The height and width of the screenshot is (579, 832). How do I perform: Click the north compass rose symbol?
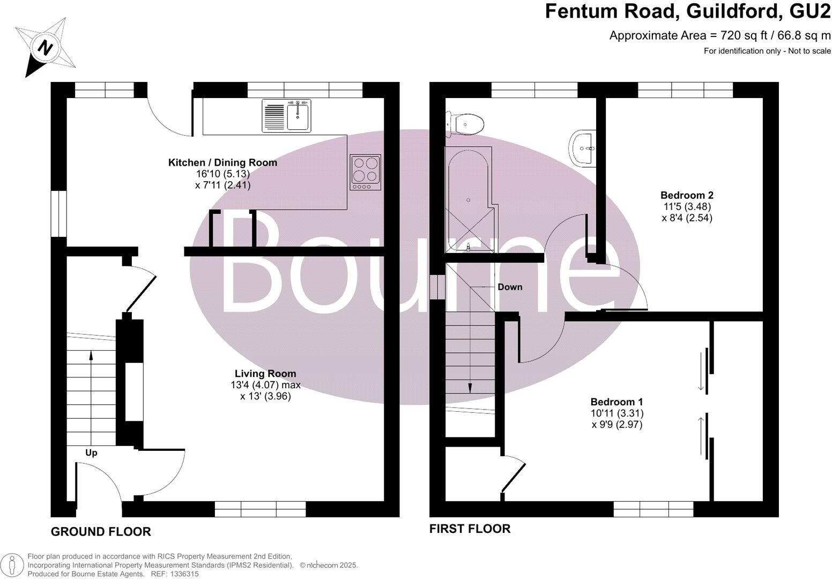pos(46,47)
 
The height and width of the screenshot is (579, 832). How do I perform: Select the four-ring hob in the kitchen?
pos(365,172)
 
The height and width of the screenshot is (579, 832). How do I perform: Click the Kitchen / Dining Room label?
pos(222,162)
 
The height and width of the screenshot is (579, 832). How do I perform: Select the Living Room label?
pos(265,374)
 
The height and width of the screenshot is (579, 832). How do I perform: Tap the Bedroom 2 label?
pos(687,195)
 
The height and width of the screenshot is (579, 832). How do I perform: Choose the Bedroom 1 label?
pos(616,402)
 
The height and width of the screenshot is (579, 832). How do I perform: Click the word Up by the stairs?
pos(91,453)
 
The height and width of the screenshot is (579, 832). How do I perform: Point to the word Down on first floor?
pos(509,287)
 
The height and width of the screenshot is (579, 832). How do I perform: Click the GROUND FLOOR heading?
pos(101,531)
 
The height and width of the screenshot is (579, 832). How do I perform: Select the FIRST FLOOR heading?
pos(470,529)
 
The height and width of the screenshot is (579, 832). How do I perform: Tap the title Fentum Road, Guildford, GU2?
pos(688,11)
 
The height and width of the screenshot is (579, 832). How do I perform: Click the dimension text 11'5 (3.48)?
pos(687,206)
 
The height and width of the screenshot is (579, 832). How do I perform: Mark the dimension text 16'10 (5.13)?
pos(222,174)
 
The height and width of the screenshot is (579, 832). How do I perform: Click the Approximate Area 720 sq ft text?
pos(719,36)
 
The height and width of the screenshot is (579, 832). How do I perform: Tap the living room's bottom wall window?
pos(260,509)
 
